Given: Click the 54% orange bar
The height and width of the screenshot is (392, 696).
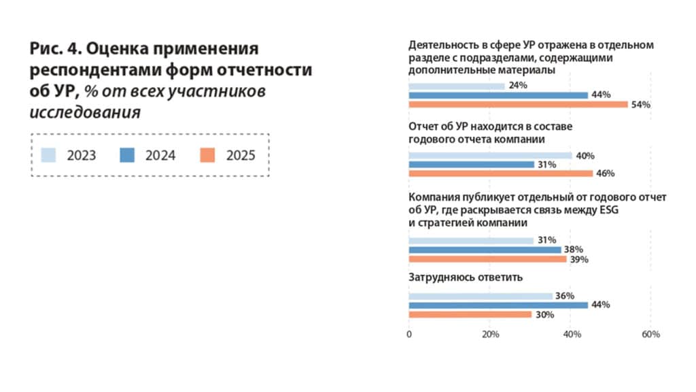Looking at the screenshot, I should pos(518,104).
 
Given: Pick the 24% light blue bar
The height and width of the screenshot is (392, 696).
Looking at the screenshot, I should pos(457,86).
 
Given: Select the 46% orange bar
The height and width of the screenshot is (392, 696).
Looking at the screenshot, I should pos(500,174).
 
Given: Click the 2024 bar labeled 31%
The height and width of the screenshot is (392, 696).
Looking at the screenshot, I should pos(471,164).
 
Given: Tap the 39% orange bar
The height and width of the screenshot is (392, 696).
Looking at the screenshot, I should pos(487,259).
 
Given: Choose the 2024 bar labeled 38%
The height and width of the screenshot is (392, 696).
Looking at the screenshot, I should pos(485,250).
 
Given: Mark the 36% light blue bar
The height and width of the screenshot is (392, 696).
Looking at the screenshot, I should pos(481,296).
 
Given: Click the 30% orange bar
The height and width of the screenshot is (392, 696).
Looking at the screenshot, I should pos(470,314).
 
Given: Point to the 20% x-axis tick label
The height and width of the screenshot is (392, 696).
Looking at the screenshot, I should pos(491,334).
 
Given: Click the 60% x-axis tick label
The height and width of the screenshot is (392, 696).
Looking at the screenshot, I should pos(650,334).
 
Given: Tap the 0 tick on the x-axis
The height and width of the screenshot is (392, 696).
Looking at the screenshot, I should pos(409,334).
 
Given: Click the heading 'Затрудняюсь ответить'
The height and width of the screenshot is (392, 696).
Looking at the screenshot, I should pos(455,278).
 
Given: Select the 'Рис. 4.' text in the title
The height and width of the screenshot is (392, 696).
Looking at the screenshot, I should pos(55,49).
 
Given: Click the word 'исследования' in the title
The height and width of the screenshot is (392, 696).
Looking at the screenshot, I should pos(85,112).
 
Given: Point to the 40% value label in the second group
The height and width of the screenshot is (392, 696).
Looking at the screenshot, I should pos(582,155).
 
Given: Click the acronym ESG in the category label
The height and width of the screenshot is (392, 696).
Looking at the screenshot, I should pos(609,210).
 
